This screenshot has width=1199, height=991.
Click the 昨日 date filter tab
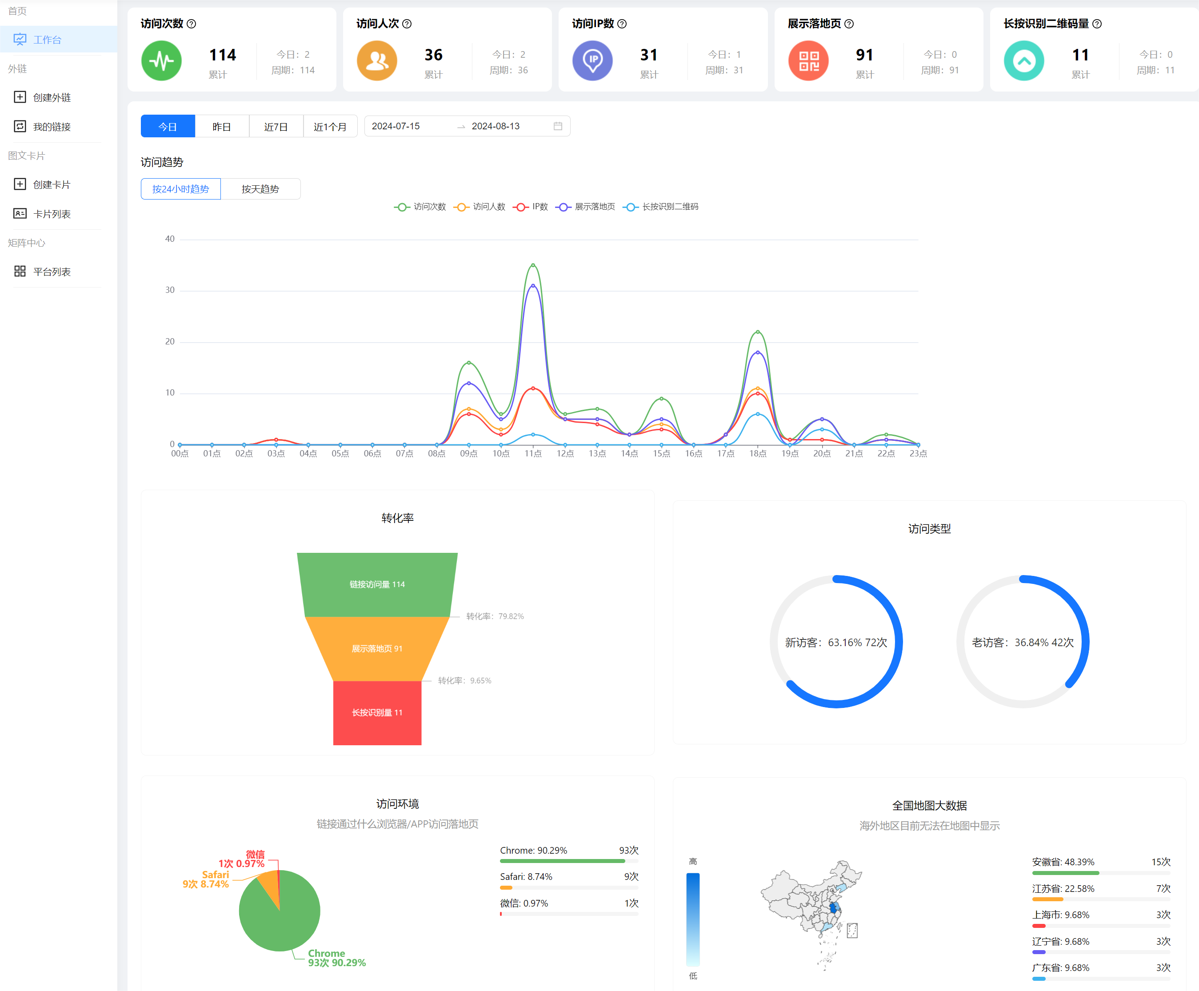(221, 126)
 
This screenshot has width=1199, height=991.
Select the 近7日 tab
(276, 126)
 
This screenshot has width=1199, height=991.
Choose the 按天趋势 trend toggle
(260, 189)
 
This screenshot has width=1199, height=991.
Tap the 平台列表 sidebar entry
(52, 272)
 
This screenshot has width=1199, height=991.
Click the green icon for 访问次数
(162, 60)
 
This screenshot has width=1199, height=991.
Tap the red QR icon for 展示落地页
(808, 60)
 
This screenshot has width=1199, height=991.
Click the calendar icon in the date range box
(558, 126)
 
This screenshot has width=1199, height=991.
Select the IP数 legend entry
(531, 207)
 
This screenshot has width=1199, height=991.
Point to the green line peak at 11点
(533, 265)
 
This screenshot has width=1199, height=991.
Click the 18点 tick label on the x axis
(758, 453)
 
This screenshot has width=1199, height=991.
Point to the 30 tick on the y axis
(170, 290)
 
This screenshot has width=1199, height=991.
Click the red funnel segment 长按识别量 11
(377, 712)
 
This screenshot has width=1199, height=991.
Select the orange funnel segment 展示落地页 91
(377, 648)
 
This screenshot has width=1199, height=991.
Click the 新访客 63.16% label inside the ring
(836, 642)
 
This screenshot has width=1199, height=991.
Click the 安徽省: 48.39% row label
(1063, 862)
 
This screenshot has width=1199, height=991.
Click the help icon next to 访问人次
(407, 24)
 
